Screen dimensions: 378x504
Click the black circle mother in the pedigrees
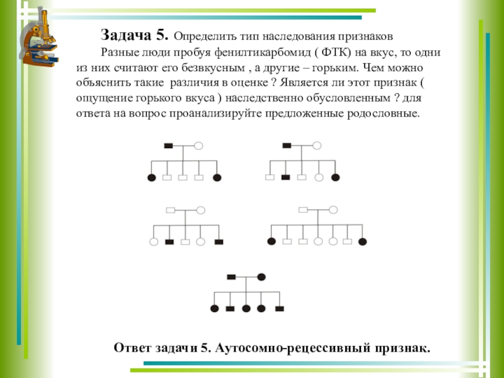(261, 277)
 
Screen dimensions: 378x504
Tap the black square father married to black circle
(231, 277)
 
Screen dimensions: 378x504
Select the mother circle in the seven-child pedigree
(333, 210)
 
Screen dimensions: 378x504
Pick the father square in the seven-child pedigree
(303, 210)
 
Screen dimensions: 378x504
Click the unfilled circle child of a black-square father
(319, 178)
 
